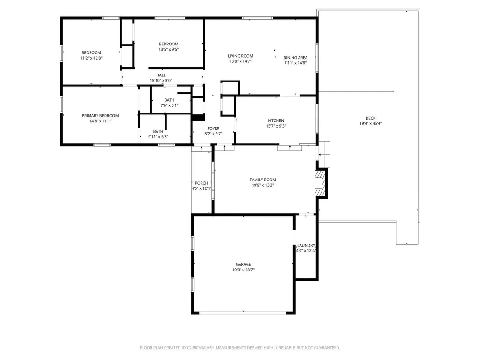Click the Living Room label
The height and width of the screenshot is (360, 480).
[240, 56]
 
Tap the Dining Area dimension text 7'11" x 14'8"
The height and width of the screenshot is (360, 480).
[295, 63]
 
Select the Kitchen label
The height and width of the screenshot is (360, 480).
[276, 120]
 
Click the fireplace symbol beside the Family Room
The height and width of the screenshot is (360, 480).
[320, 182]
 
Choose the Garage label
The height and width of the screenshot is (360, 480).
[243, 264]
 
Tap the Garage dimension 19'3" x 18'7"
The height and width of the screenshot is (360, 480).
[243, 270]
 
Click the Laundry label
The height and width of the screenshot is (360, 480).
[306, 245]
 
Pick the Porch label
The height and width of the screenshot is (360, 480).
[202, 183]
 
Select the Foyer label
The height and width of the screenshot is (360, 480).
[213, 128]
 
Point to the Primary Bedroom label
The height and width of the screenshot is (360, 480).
[100, 116]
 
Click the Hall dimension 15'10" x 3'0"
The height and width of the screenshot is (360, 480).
[161, 81]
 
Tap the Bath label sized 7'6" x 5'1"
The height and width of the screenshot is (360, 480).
[169, 100]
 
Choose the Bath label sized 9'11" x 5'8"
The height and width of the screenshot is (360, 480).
[158, 131]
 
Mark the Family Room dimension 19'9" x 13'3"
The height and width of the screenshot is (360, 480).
[262, 185]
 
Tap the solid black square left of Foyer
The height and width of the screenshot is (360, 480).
[199, 118]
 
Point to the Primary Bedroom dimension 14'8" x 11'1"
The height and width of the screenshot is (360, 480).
[100, 121]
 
